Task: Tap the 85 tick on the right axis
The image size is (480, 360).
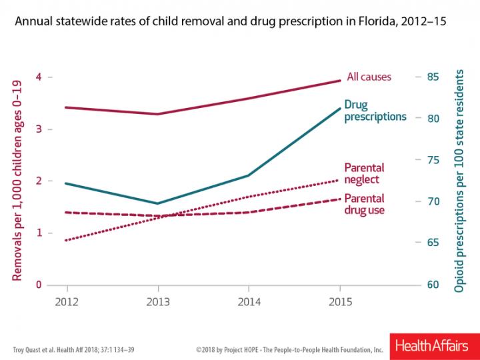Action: (434, 77)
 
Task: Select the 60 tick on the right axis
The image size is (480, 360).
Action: (434, 285)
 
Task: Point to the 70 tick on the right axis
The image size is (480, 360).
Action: (434, 201)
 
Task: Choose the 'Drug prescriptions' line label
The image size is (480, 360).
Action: (375, 111)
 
